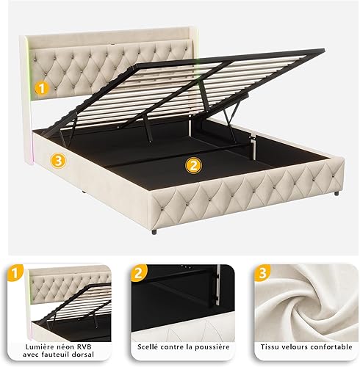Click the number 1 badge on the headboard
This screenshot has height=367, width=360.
pos(42,88)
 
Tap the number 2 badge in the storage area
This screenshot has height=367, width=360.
pos(193,166)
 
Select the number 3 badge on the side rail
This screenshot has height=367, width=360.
pos(58,161)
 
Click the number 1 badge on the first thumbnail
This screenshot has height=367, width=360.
pos(15,273)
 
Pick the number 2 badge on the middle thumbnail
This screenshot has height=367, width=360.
pos(139,273)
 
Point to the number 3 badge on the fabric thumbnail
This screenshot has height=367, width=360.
pos(262,273)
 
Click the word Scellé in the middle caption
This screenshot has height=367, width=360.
pos(148,347)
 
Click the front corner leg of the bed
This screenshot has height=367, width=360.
pos(154,231)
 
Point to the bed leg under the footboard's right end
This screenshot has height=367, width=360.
pos(336,193)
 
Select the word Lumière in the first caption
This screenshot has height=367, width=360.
pos(37,347)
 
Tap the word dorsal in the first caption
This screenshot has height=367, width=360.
pos(84,355)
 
